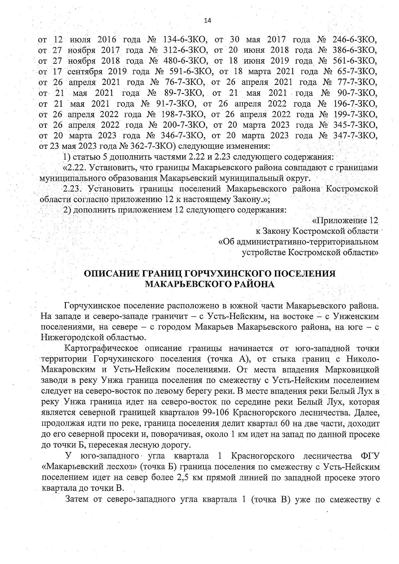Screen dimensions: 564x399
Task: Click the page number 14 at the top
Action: tap(207, 21)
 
